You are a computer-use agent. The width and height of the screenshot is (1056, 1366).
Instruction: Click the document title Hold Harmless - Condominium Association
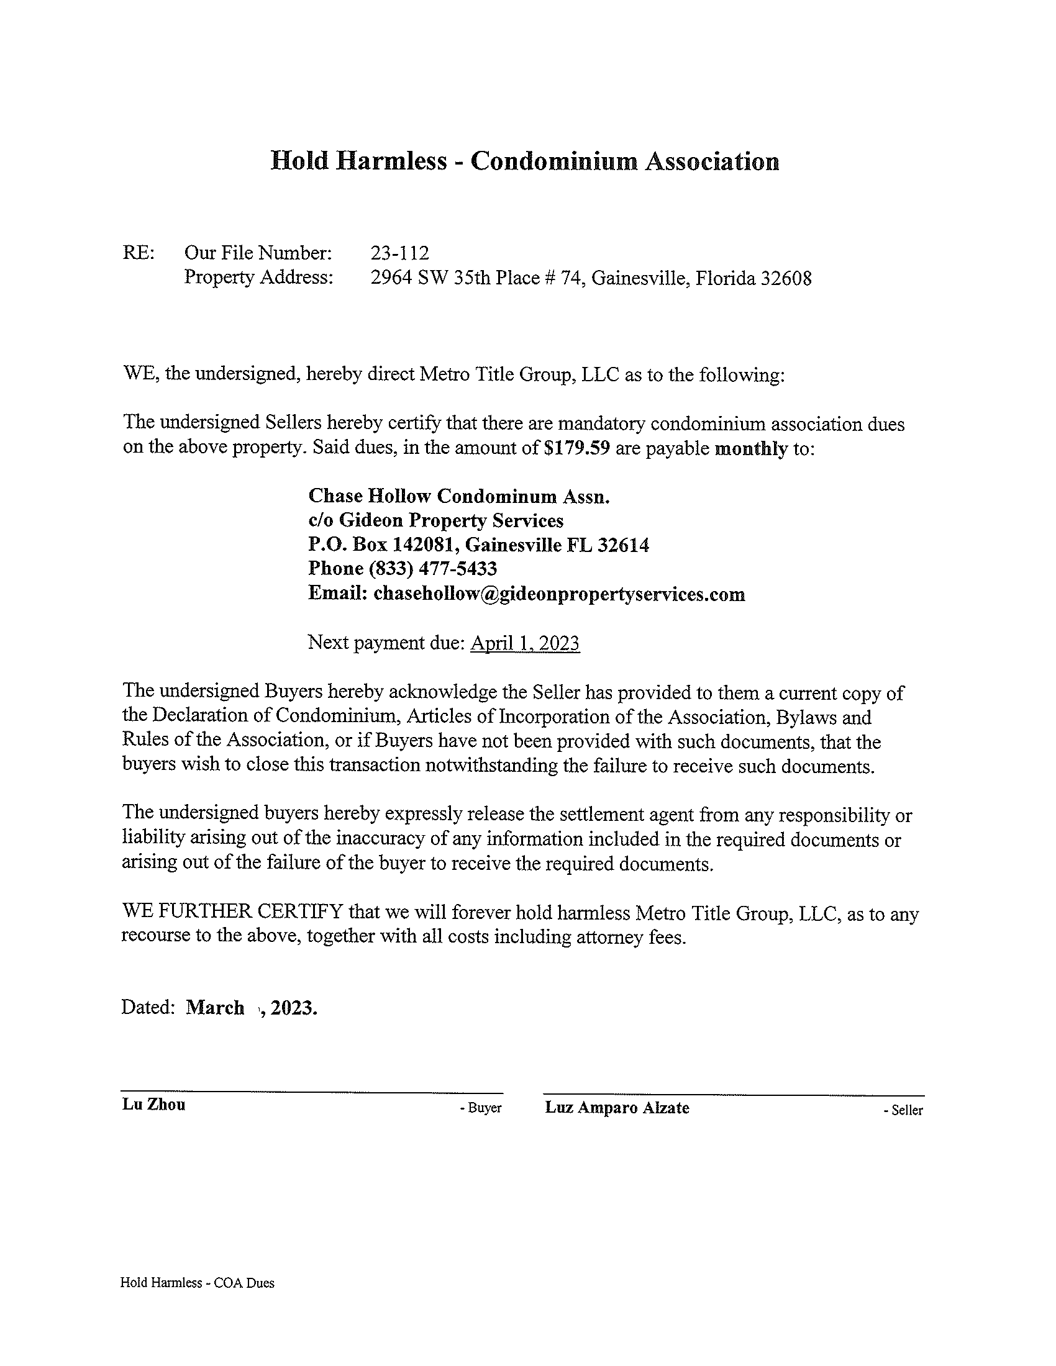[x=525, y=161]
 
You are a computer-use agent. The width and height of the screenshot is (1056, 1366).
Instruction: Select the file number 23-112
[x=400, y=253]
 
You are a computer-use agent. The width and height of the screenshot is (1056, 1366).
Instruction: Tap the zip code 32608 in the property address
[x=786, y=278]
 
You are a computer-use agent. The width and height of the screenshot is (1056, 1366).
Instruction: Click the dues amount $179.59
[x=577, y=448]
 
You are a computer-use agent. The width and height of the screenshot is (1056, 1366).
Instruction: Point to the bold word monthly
[x=751, y=449]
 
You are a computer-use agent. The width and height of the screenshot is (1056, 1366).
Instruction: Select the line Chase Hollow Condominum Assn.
[x=458, y=496]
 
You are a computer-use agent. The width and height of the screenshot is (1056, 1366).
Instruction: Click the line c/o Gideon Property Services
[x=436, y=520]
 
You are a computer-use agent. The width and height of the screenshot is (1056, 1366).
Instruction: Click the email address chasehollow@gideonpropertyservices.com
[x=558, y=594]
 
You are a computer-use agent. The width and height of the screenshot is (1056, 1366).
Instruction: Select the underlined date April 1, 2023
[x=525, y=643]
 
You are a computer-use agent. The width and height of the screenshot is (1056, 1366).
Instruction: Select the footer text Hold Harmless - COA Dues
[x=197, y=1283]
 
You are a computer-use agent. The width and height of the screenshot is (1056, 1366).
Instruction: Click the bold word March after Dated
[x=214, y=1008]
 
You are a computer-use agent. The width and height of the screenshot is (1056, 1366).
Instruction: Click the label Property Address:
[x=258, y=278]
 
